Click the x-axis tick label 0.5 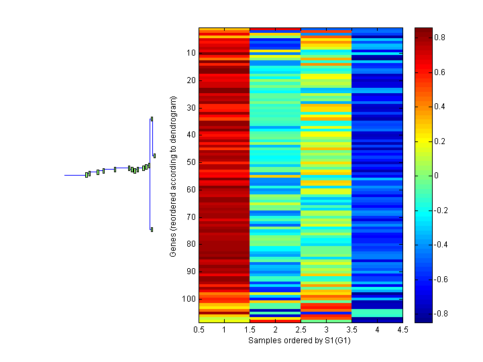tap(199, 330)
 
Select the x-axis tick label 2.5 tap(301, 330)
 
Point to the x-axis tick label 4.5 tap(402, 330)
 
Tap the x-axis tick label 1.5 tap(250, 330)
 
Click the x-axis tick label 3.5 tap(352, 330)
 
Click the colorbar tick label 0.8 tap(439, 38)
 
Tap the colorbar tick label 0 tap(437, 176)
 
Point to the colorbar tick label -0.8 tap(441, 314)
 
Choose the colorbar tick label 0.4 tap(439, 107)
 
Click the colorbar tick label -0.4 tap(441, 245)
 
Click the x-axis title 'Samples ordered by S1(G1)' tap(300, 341)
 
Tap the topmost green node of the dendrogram tap(152, 119)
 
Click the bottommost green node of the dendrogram tap(152, 229)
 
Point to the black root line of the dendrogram tap(74, 175)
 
